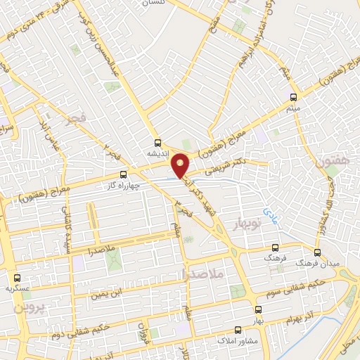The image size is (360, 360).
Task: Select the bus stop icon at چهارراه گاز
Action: [x=124, y=174]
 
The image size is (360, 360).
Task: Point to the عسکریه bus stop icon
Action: [x=18, y=277]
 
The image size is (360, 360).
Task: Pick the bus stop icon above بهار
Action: [x=259, y=309]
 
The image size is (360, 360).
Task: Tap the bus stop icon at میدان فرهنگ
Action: [x=318, y=251]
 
